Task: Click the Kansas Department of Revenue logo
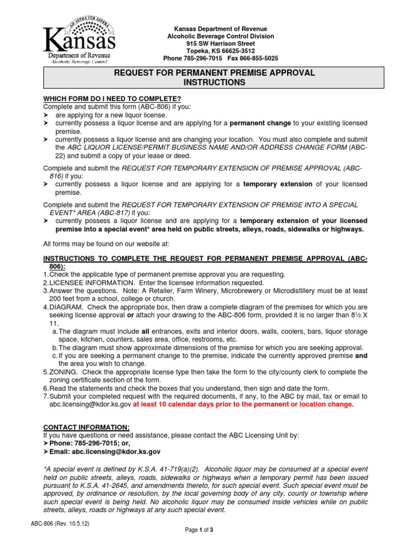click(x=79, y=41)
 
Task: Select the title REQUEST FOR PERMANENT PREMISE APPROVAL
click(x=214, y=73)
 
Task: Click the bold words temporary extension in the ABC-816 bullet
click(x=278, y=185)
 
